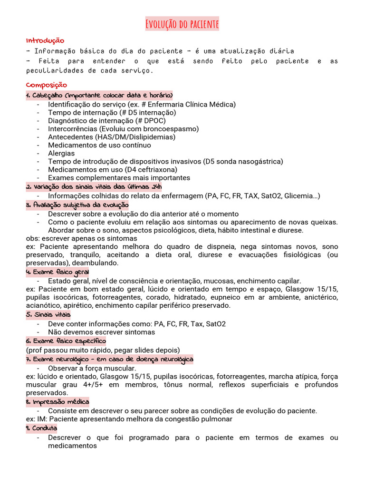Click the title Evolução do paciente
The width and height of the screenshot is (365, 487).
(x=182, y=24)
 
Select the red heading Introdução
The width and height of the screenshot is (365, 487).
(x=45, y=41)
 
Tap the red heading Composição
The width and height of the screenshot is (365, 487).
(x=47, y=85)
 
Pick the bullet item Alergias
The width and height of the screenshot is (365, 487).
(x=61, y=153)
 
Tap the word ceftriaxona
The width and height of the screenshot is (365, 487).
(x=157, y=169)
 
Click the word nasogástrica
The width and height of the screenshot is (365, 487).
(x=259, y=161)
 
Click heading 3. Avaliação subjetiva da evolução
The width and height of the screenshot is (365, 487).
(x=77, y=205)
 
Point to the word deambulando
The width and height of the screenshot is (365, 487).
(x=96, y=263)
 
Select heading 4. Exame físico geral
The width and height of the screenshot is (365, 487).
(x=58, y=272)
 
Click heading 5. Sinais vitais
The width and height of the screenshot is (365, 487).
(x=48, y=314)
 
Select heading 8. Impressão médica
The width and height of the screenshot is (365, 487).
(x=58, y=402)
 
